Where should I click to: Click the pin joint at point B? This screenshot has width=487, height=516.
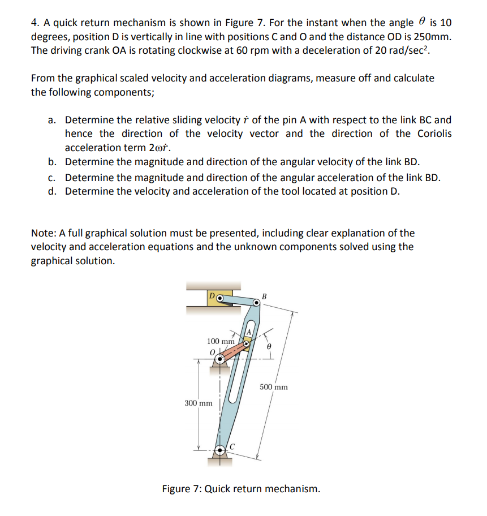pos(256,303)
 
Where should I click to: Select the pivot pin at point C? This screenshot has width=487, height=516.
pos(221,451)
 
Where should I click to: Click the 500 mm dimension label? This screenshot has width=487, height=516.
pos(274,387)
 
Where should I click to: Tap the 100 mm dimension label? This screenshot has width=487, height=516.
pos(221,341)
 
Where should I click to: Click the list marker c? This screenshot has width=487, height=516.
pos(51,177)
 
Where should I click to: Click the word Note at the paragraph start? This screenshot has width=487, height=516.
pos(43,233)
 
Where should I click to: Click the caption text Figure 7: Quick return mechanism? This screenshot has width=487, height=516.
pos(240,488)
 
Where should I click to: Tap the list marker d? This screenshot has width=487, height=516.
pos(51,191)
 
